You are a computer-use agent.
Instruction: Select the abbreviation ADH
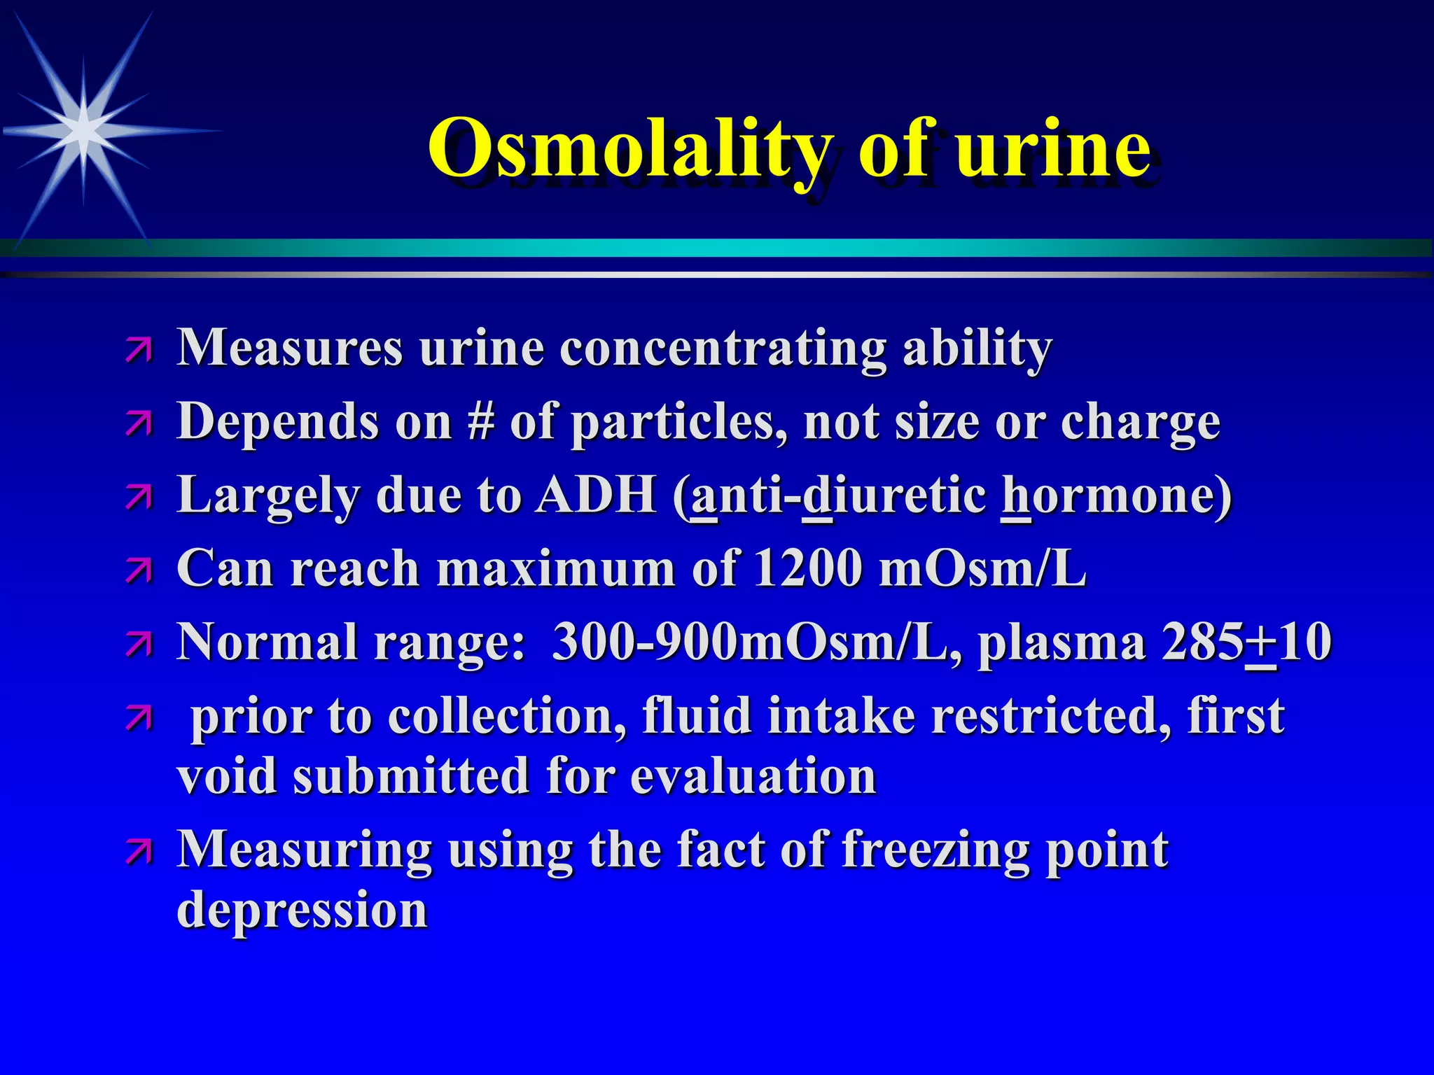595,495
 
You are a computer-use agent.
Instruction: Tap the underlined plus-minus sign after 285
1261,642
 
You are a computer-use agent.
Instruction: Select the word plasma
1061,642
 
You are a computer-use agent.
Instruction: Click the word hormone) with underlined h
1116,495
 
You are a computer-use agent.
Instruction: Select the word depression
302,911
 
